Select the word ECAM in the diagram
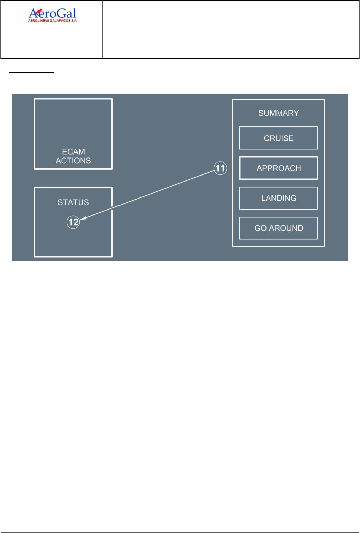[73, 152]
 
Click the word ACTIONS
[73, 161]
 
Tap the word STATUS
[73, 202]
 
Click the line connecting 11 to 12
[151, 195]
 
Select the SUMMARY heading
[278, 113]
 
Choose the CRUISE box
[278, 138]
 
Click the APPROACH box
[278, 168]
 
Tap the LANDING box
[278, 198]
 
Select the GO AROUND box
[278, 228]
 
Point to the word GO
[260, 228]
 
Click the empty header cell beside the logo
[231, 30]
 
